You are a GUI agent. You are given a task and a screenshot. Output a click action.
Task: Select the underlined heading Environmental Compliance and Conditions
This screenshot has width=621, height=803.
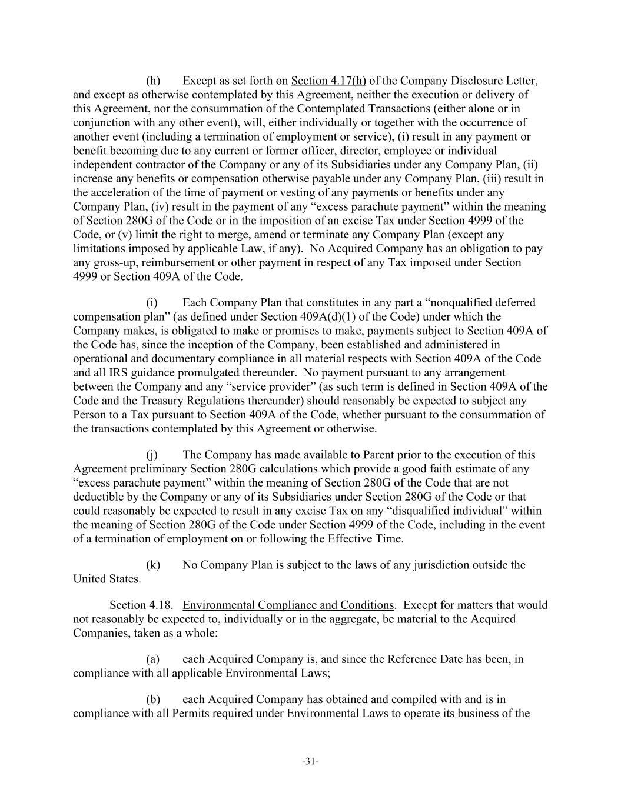tap(288, 605)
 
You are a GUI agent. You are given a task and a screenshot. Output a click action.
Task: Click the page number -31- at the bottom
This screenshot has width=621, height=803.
tap(310, 762)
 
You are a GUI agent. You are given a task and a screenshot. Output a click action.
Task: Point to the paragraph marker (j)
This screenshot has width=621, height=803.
tap(152, 455)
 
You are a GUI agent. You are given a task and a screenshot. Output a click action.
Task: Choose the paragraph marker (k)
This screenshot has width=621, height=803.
tap(153, 565)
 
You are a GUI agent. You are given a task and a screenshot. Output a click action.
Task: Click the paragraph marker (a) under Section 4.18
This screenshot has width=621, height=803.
tap(153, 659)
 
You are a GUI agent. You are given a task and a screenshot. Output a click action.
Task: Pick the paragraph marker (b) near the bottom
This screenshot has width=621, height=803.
tap(153, 699)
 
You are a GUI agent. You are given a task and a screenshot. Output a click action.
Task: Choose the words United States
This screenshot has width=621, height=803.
tap(107, 579)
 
